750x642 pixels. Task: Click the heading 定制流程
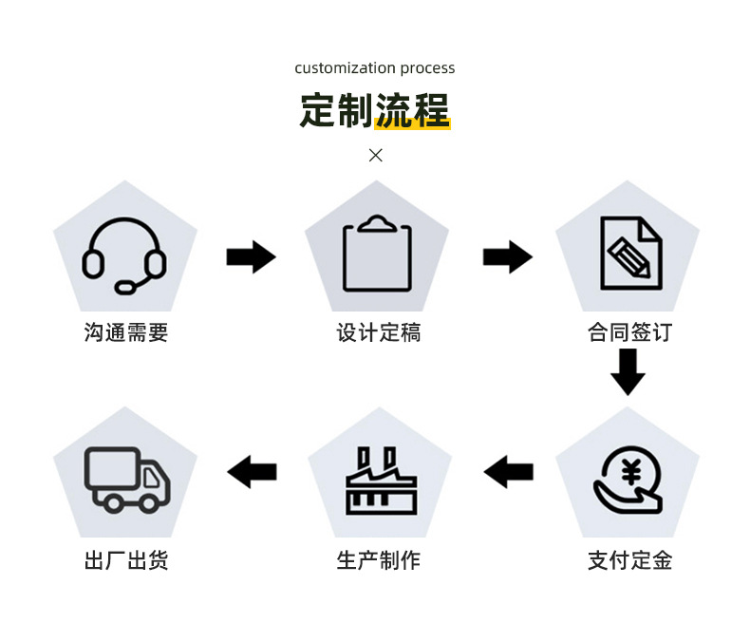point(375,110)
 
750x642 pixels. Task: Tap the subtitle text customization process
point(375,68)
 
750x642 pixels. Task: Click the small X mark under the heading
point(376,155)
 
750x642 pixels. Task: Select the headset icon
point(124,255)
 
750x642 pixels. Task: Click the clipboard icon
point(378,254)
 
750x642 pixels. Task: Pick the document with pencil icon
point(629,254)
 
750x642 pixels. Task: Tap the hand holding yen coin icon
point(628,480)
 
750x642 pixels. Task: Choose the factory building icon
point(378,481)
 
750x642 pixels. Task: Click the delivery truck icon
point(127,480)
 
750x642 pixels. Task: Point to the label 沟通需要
point(126,333)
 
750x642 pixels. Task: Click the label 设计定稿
point(378,333)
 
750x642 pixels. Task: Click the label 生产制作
point(378,560)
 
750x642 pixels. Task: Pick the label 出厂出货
point(126,560)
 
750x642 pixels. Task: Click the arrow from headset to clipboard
point(251,256)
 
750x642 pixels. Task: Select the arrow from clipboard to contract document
point(507,256)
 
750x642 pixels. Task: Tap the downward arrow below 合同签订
point(628,371)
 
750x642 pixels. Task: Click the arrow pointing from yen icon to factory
point(509,471)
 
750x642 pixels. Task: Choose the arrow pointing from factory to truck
point(253,471)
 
